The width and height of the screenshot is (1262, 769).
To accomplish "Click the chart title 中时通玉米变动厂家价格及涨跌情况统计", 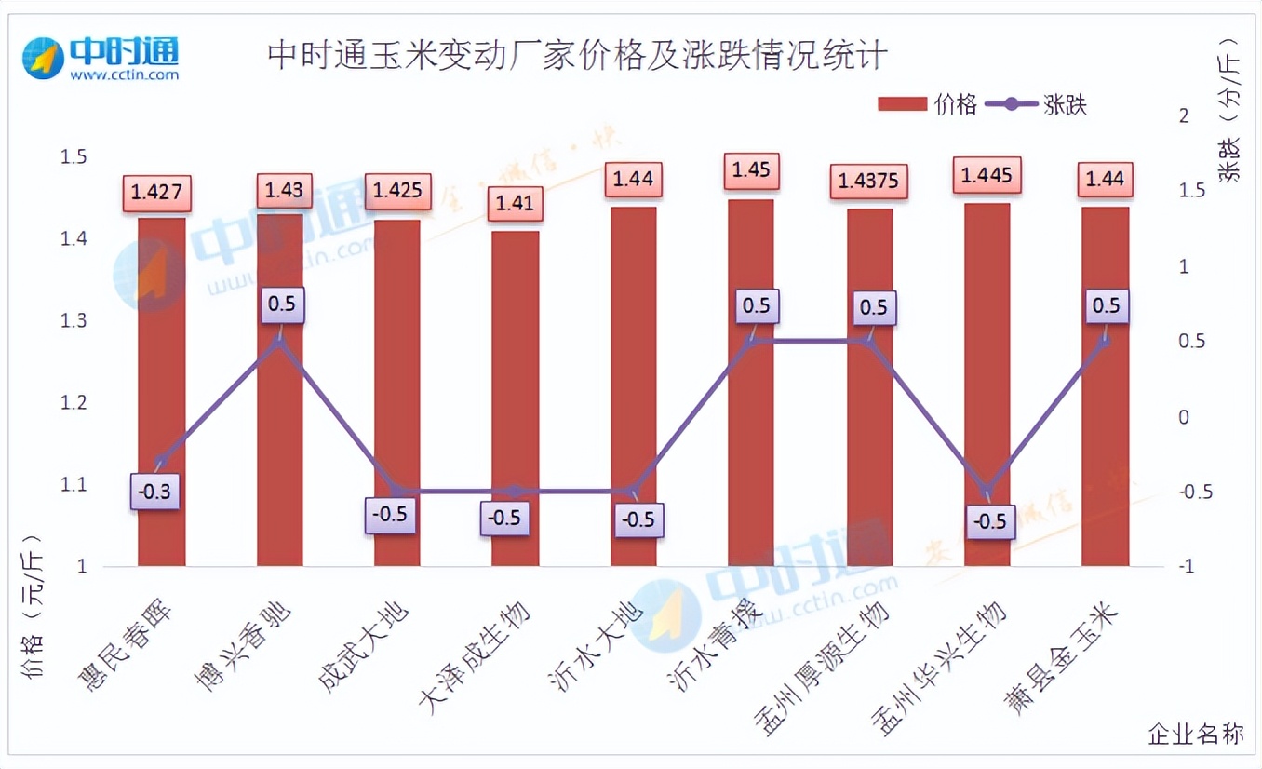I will click(x=577, y=56).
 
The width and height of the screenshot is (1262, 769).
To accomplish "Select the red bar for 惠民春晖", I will click(x=161, y=391).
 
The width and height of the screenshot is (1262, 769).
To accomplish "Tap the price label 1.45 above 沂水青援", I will click(x=751, y=170).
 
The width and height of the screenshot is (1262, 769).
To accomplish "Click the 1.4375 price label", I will click(x=868, y=181).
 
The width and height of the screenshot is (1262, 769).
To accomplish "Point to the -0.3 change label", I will click(x=155, y=491).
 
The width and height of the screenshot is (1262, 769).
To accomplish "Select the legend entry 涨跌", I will click(x=1037, y=104).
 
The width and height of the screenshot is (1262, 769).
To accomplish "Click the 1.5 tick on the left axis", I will click(x=74, y=157).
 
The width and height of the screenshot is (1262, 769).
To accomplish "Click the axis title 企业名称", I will click(x=1195, y=734).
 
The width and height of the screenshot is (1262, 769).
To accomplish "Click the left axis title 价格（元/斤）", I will click(x=34, y=619).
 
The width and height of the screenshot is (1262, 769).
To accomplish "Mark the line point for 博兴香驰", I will click(x=279, y=342).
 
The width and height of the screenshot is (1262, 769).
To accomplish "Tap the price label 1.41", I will click(x=515, y=203).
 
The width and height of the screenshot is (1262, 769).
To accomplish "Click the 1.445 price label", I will click(x=987, y=174).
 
